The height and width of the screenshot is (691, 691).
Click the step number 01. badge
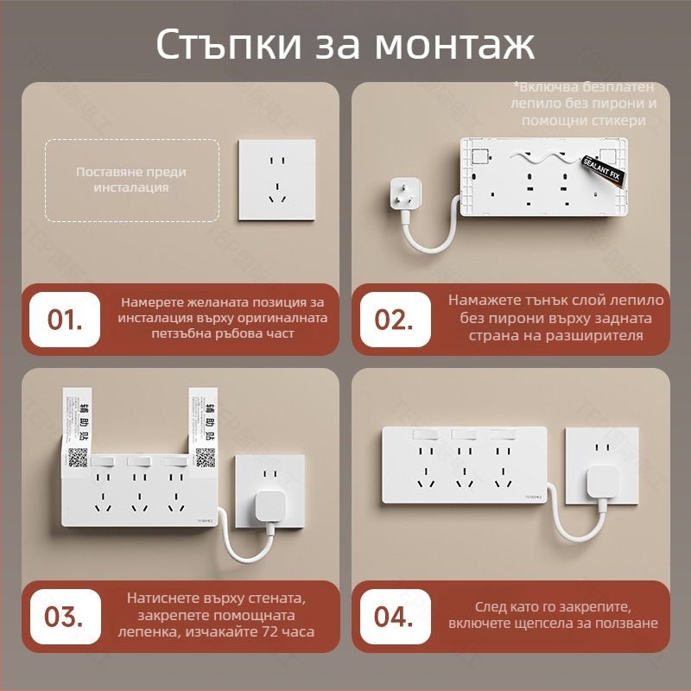65,320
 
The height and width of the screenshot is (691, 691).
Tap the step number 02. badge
395,320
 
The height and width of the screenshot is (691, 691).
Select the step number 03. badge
65,617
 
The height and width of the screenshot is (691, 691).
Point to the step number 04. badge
395,617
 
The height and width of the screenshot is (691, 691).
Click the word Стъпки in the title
227,45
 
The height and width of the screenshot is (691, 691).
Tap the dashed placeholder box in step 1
130,180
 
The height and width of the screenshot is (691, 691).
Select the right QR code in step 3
205,458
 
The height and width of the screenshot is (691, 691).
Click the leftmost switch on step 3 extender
104,462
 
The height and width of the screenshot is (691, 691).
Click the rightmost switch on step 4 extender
508,436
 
